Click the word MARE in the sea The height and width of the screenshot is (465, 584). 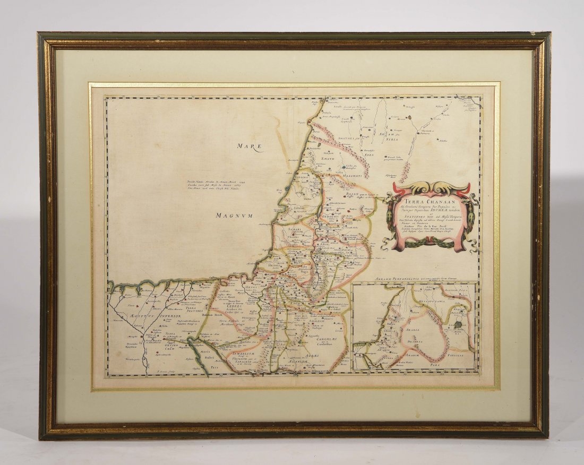click(250, 147)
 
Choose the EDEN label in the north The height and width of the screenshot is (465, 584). click(370, 154)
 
